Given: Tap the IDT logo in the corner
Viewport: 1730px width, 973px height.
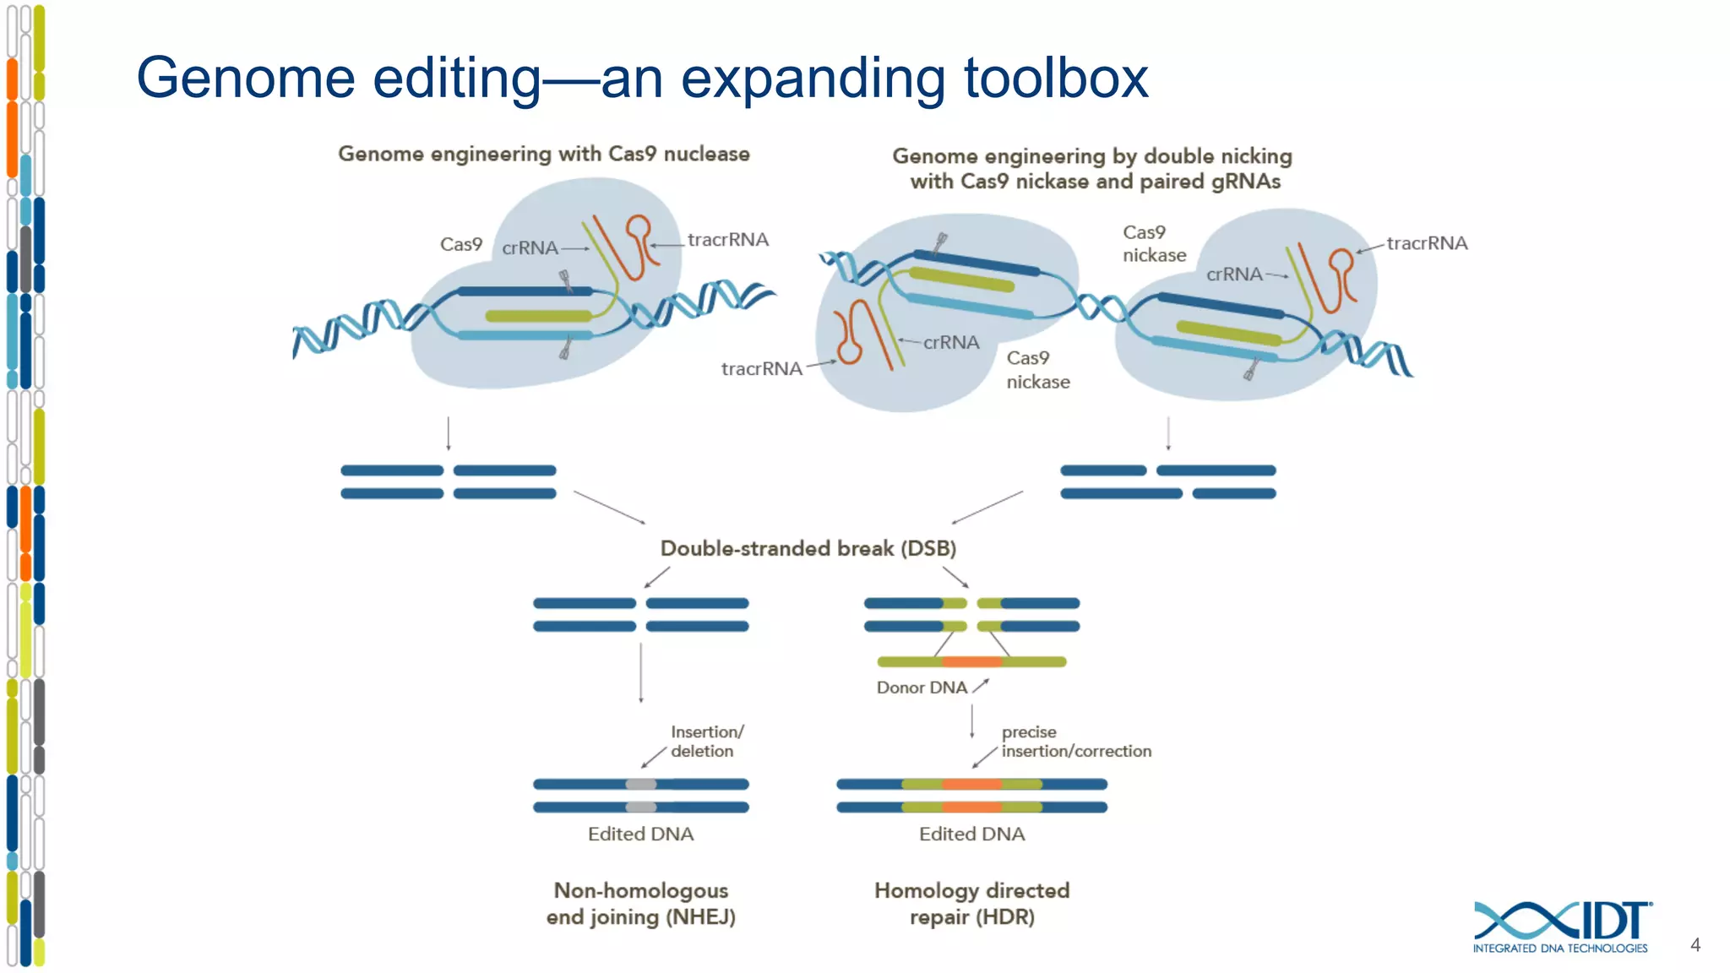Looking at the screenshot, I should point(1562,926).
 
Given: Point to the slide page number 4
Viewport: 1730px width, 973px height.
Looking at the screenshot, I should point(1695,945).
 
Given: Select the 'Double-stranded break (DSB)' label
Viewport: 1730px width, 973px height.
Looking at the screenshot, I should point(808,548).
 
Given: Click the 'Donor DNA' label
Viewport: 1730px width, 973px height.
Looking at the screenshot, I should point(922,688).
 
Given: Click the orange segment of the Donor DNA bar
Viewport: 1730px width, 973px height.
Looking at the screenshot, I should point(971,661).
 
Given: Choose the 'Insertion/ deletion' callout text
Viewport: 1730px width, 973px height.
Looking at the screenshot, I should point(706,741).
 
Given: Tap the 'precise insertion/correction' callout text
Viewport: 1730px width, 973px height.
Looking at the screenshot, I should point(1074,742).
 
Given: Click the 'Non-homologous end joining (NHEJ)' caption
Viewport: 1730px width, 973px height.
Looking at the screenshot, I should point(641,903).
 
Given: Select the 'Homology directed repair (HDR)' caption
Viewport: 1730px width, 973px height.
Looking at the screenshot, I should point(971,903).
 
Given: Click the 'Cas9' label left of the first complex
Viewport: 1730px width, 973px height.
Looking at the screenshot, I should point(460,245).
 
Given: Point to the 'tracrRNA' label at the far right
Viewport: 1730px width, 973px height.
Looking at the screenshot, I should point(1427,243).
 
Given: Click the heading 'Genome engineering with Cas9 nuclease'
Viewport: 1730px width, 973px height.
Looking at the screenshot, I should point(544,154).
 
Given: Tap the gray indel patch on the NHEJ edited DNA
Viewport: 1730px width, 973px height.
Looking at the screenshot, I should point(640,785).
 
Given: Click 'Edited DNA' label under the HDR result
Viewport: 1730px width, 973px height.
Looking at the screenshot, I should point(971,834).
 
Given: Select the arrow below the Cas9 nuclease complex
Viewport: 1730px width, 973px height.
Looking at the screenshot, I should point(449,433).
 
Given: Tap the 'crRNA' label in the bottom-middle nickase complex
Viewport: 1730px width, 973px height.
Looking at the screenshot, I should point(951,342).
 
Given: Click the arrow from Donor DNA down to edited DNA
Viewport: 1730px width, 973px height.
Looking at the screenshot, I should point(971,721).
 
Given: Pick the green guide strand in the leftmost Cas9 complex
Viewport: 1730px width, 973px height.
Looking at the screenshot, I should point(538,316).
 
